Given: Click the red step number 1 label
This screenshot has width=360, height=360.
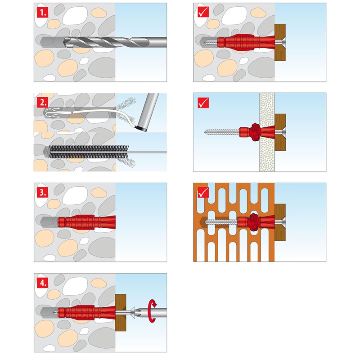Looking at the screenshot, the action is pyautogui.click(x=43, y=13).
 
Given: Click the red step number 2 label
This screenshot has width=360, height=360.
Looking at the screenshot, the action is pyautogui.click(x=43, y=103).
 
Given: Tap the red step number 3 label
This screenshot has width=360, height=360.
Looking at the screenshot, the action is pyautogui.click(x=43, y=193).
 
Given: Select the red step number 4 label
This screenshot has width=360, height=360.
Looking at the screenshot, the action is pyautogui.click(x=43, y=283).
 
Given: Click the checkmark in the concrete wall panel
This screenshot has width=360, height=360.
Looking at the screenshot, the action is pyautogui.click(x=203, y=12).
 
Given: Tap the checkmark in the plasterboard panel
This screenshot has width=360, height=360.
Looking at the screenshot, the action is pyautogui.click(x=203, y=103).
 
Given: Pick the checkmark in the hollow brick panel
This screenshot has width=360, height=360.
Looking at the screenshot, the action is pyautogui.click(x=203, y=193).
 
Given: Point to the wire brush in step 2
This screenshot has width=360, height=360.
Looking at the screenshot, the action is pyautogui.click(x=89, y=152).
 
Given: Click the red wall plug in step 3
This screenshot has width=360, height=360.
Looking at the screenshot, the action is pyautogui.click(x=86, y=222).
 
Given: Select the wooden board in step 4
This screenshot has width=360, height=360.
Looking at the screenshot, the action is pyautogui.click(x=121, y=313).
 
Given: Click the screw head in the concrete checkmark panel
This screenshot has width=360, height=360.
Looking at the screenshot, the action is pyautogui.click(x=280, y=42).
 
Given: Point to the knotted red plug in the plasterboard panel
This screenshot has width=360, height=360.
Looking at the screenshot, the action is pyautogui.click(x=255, y=132).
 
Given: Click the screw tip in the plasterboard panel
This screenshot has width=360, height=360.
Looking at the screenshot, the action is pyautogui.click(x=205, y=132).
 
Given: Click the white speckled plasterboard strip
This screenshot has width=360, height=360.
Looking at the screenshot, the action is pyautogui.click(x=267, y=132).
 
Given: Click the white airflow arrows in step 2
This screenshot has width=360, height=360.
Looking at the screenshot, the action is pyautogui.click(x=51, y=112).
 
